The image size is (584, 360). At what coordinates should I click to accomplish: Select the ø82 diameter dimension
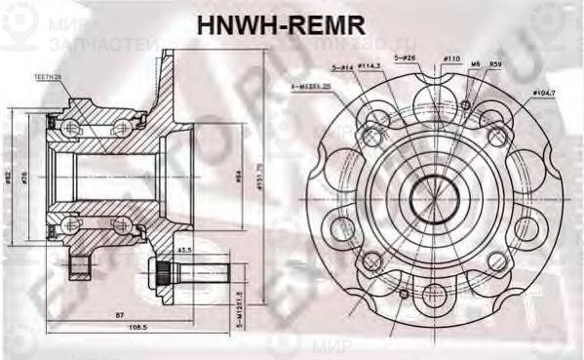[8, 176]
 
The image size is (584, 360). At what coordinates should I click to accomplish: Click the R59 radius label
[495, 64]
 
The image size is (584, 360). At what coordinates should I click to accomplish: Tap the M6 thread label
[475, 64]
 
